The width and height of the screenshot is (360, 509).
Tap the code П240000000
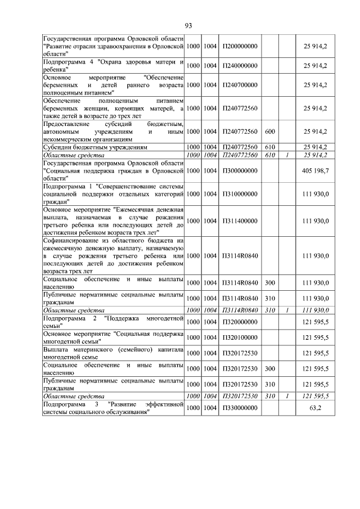(x=240, y=65)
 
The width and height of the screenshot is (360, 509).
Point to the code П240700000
(x=240, y=85)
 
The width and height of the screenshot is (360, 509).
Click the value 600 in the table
(x=269, y=132)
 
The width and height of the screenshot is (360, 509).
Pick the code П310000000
(x=240, y=193)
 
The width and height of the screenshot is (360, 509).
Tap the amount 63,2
(x=315, y=407)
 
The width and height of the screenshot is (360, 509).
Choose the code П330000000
(x=240, y=407)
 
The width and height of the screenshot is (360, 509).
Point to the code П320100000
(x=240, y=337)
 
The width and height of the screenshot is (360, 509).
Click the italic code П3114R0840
(x=240, y=310)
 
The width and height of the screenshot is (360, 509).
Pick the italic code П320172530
(x=240, y=396)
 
